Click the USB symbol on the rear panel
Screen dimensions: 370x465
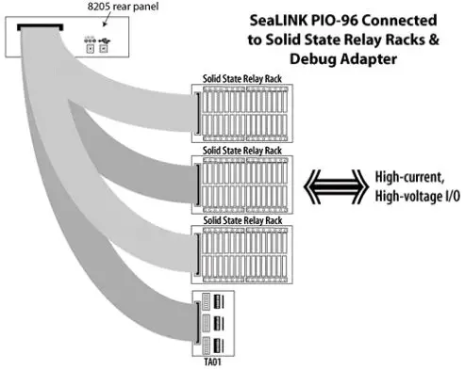pyautogui.click(x=102, y=41)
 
